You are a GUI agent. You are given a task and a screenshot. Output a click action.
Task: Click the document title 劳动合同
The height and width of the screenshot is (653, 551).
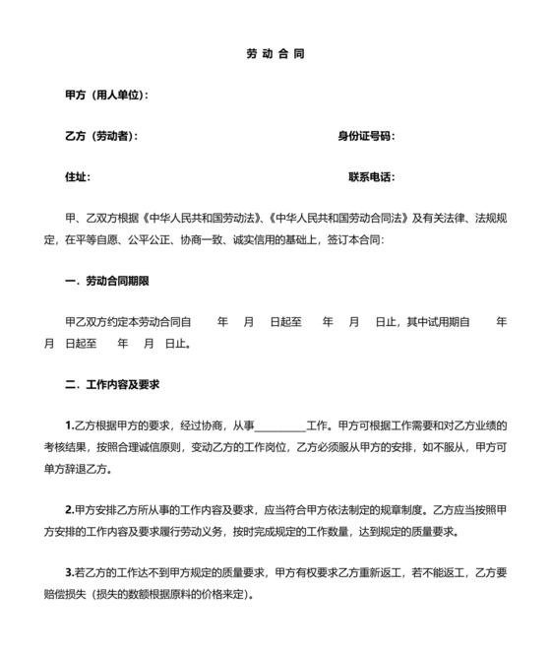click(x=275, y=53)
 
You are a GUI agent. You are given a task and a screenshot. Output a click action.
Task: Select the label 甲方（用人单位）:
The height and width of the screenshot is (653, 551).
click(x=106, y=96)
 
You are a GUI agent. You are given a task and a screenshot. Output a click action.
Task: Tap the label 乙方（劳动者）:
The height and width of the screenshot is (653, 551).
click(x=100, y=136)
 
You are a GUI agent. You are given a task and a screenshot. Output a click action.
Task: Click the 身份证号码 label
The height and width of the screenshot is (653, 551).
click(x=366, y=136)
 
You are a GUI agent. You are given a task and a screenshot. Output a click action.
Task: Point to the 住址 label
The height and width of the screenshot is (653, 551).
click(x=78, y=177)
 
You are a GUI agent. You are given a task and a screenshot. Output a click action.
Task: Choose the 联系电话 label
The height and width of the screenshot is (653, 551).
click(x=371, y=177)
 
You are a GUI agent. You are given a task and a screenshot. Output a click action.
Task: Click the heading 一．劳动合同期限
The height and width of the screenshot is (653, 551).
click(x=106, y=282)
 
